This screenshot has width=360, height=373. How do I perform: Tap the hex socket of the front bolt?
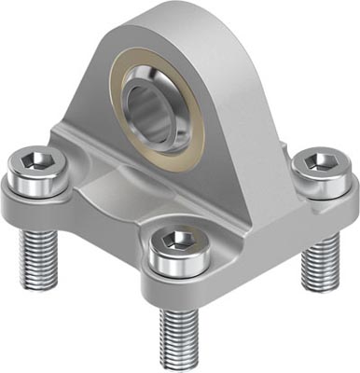pyautogui.click(x=176, y=241)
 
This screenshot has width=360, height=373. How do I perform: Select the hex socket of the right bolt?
pyautogui.click(x=323, y=164)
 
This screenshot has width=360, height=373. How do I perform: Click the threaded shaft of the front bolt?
pyautogui.click(x=177, y=331)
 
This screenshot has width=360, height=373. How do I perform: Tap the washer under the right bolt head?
pyautogui.click(x=323, y=190)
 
